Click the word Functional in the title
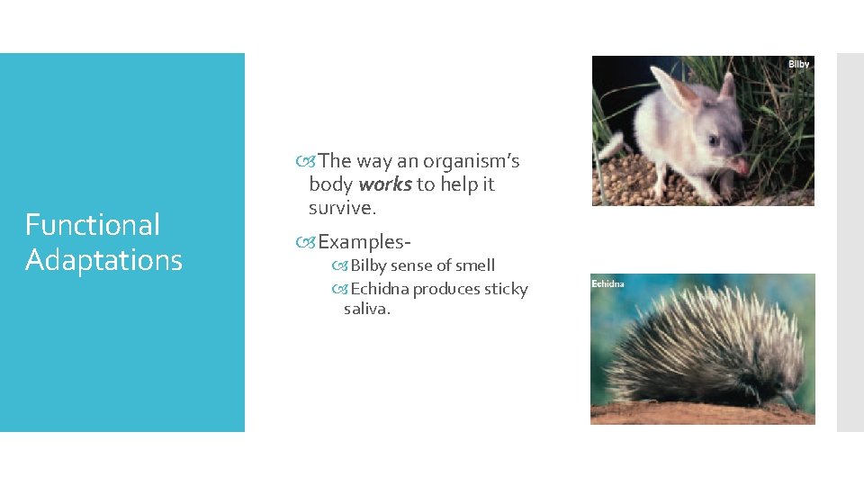pyautogui.click(x=92, y=225)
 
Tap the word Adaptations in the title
pyautogui.click(x=103, y=260)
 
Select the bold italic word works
pyautogui.click(x=385, y=184)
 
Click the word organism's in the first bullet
pyautogui.click(x=472, y=161)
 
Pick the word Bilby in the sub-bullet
pyautogui.click(x=368, y=265)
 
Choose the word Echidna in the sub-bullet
pyautogui.click(x=380, y=289)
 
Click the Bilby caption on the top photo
pyautogui.click(x=798, y=64)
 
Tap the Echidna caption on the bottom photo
pyautogui.click(x=607, y=284)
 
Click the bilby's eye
pyautogui.click(x=713, y=140)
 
